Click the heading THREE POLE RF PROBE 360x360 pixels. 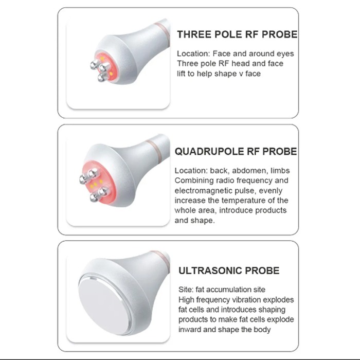pyautogui.click(x=237, y=34)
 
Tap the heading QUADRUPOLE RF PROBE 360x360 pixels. pyautogui.click(x=236, y=152)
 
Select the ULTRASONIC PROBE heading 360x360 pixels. pyautogui.click(x=229, y=271)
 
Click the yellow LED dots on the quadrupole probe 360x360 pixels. pyautogui.click(x=96, y=183)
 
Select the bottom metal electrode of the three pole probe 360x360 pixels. pyautogui.click(x=102, y=77)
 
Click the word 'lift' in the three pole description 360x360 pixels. pyautogui.click(x=181, y=74)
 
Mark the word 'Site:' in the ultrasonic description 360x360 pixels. pyautogui.click(x=186, y=290)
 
